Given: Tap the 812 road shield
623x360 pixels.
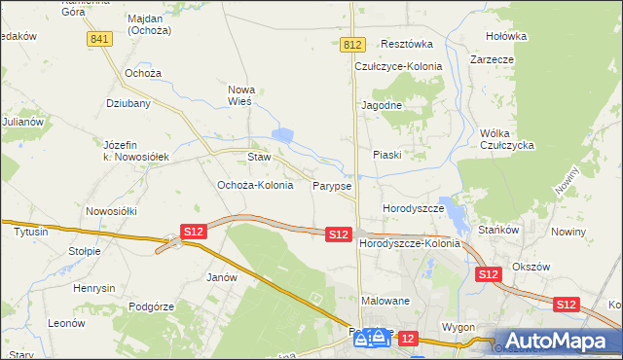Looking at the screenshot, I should [x=353, y=46].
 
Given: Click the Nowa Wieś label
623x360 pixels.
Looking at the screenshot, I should [x=239, y=94].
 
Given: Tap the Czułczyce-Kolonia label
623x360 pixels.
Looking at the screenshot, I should [x=398, y=66].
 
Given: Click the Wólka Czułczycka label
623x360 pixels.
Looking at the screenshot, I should [x=508, y=139].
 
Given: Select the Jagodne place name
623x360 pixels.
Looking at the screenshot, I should [x=382, y=104].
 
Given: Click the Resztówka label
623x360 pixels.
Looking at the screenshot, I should [x=407, y=44].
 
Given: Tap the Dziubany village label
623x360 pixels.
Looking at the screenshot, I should [x=127, y=102].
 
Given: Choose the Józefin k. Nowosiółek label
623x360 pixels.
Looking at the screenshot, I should [x=136, y=150].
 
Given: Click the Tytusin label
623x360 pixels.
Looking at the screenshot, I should [x=32, y=233].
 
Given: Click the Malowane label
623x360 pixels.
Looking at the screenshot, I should [x=385, y=302].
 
